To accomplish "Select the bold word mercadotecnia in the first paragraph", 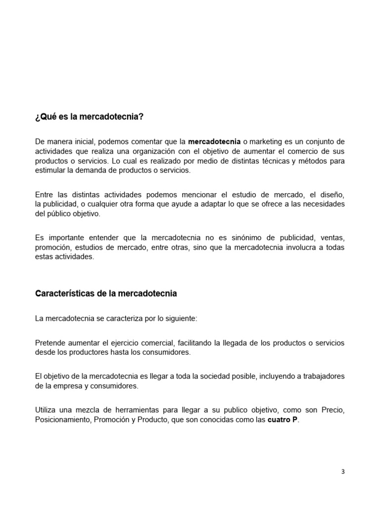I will pyautogui.click(x=214, y=142).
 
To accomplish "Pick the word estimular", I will pyautogui.click(x=49, y=170).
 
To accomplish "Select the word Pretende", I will pyautogui.click(x=50, y=343).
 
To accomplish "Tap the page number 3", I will pyautogui.click(x=343, y=471).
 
